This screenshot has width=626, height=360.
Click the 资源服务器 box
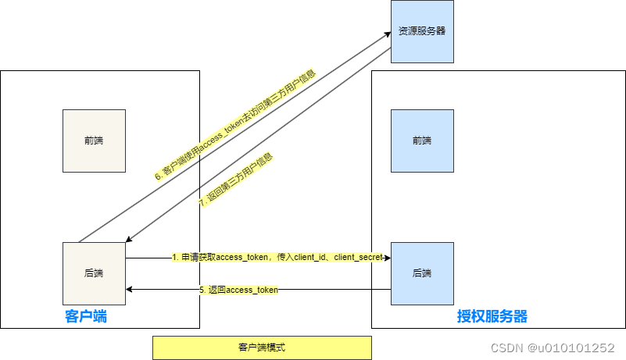[422, 32]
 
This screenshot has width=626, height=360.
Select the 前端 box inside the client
[94, 141]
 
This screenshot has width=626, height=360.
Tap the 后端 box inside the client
[94, 273]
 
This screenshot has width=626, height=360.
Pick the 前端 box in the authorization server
[422, 141]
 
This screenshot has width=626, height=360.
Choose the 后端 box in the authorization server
[422, 273]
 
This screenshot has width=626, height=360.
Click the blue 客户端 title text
[86, 316]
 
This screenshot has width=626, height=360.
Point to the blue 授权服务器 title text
[492, 316]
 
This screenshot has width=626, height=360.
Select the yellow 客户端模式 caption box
[262, 348]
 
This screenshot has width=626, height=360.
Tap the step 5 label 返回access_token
[238, 290]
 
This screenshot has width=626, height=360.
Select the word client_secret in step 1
[360, 257]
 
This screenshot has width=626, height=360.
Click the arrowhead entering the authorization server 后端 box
[386, 258]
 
